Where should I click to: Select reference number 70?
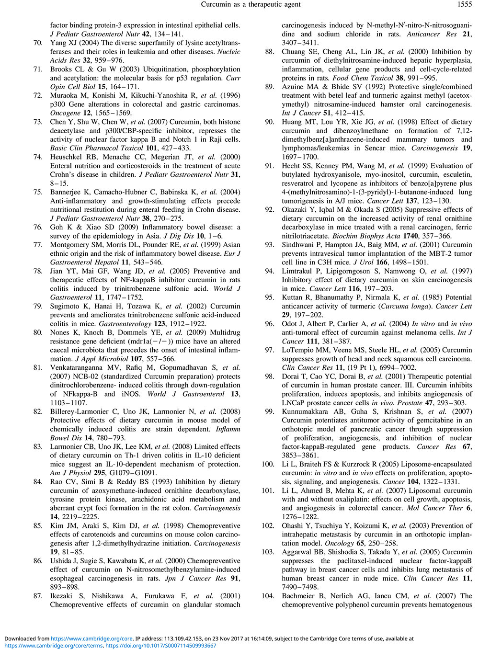[38, 43]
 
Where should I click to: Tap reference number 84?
[38, 482]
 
